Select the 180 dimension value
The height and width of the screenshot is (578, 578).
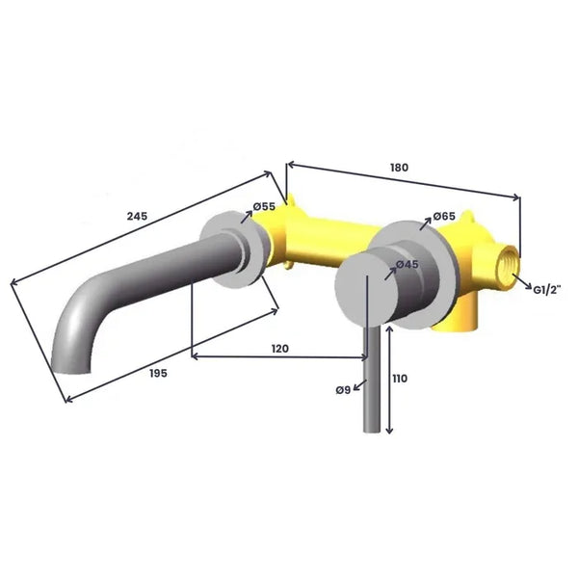399,167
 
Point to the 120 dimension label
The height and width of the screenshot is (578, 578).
278,348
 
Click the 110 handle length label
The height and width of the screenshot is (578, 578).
399,379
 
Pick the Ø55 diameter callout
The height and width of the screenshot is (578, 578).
264,206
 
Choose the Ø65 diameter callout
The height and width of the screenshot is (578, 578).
444,217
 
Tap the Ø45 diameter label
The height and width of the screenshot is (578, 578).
407,264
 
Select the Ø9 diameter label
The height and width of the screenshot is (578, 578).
343,389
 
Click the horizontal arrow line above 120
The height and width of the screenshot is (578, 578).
278,358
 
